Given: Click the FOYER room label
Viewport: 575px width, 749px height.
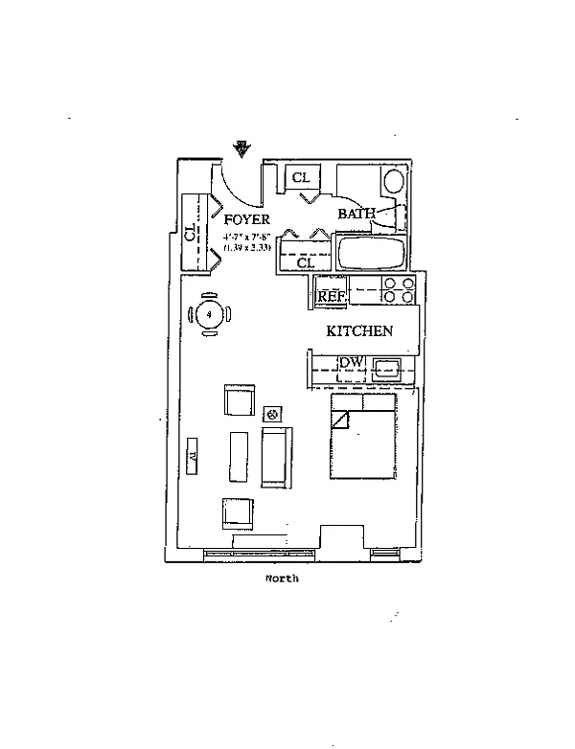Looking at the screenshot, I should (247, 219).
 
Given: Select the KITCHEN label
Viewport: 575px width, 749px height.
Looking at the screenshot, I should (359, 331).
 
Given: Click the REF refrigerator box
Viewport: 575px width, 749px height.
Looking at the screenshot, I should (332, 297).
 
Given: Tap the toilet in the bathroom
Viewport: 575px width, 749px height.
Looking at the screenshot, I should (393, 182).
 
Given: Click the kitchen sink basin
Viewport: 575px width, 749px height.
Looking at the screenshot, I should (387, 365).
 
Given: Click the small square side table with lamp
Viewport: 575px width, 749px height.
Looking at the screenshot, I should (272, 414).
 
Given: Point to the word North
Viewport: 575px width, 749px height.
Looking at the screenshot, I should (282, 579).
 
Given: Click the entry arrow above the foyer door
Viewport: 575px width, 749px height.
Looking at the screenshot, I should (242, 148).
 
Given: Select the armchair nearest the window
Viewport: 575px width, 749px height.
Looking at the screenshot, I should (238, 512).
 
